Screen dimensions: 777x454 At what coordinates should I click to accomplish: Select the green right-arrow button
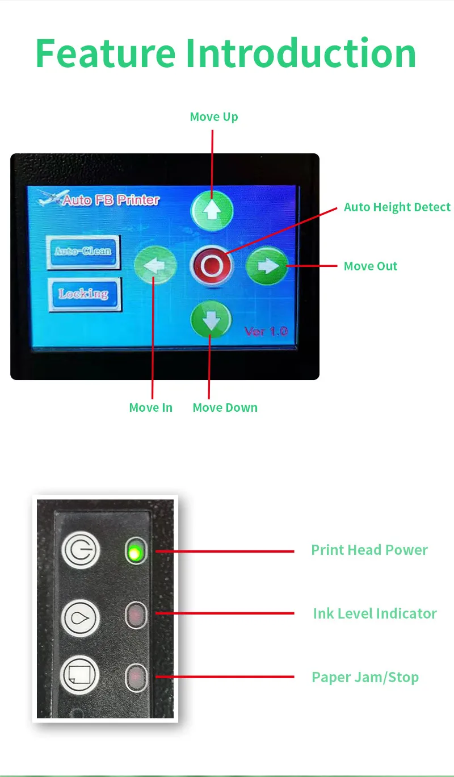(x=267, y=266)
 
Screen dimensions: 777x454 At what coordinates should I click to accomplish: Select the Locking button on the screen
(x=84, y=294)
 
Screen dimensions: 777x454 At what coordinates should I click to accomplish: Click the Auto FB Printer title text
(x=110, y=200)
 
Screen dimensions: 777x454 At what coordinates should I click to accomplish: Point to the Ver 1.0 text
(x=266, y=331)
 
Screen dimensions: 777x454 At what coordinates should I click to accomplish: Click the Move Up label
(x=214, y=117)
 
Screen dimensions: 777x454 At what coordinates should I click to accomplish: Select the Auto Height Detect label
(x=397, y=207)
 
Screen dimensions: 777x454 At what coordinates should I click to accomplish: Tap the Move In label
(x=151, y=408)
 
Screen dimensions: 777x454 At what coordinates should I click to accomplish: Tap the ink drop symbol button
(x=80, y=616)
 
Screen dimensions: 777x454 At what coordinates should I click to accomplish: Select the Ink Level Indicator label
(x=375, y=613)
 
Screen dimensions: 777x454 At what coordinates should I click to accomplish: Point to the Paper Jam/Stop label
(x=365, y=677)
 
